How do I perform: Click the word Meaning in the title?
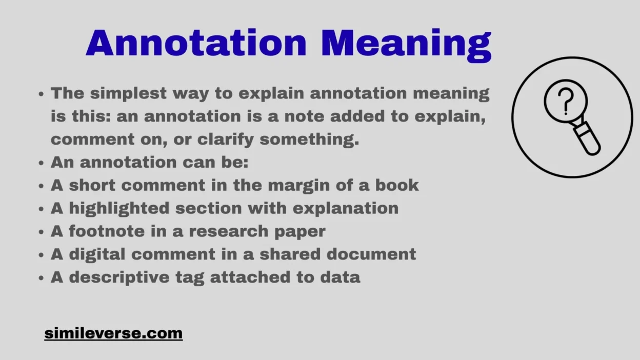pos(406,44)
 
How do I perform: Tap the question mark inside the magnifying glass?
pos(565,101)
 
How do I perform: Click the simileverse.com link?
pos(113,333)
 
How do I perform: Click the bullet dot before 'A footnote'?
pos(42,232)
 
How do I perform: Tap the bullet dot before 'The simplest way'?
pos(42,94)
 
